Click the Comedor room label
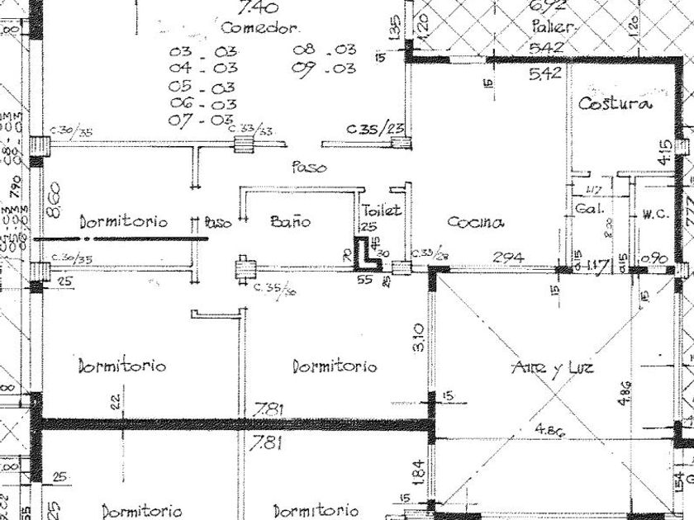259,28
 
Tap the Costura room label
615,104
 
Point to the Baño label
291,221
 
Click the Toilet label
381,210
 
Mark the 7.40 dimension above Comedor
257,10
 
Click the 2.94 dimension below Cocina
508,258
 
